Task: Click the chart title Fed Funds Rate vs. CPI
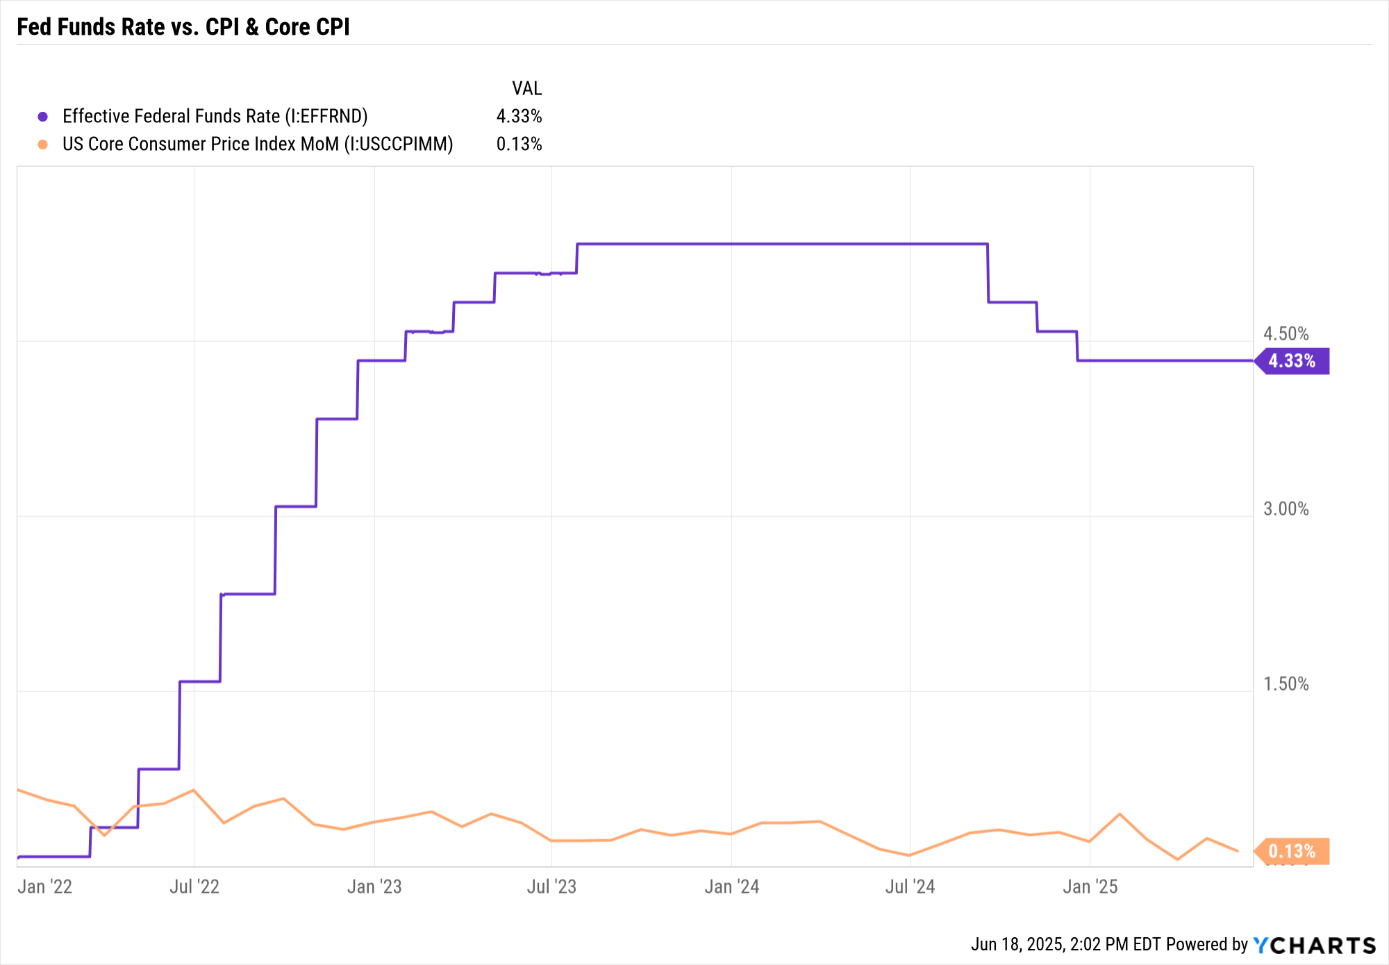tap(183, 27)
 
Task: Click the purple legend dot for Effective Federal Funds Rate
tap(43, 117)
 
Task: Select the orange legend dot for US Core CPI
tap(43, 145)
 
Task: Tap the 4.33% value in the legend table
tap(519, 116)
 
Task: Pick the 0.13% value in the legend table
tap(519, 144)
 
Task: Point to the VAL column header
tap(526, 88)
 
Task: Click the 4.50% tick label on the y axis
tap(1286, 333)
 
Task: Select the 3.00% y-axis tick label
tap(1286, 509)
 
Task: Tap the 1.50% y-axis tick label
tap(1286, 684)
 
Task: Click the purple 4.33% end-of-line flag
tap(1292, 361)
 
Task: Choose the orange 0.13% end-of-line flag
tap(1292, 851)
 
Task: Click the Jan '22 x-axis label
tap(45, 886)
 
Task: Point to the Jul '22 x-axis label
tap(194, 886)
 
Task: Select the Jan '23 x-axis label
tap(374, 886)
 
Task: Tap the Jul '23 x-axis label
tap(551, 886)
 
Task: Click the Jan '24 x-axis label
tap(731, 886)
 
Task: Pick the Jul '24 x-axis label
tap(910, 886)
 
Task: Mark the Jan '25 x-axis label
tap(1090, 886)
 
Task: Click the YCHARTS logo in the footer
tap(1314, 945)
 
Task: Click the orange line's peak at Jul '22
tap(194, 790)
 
